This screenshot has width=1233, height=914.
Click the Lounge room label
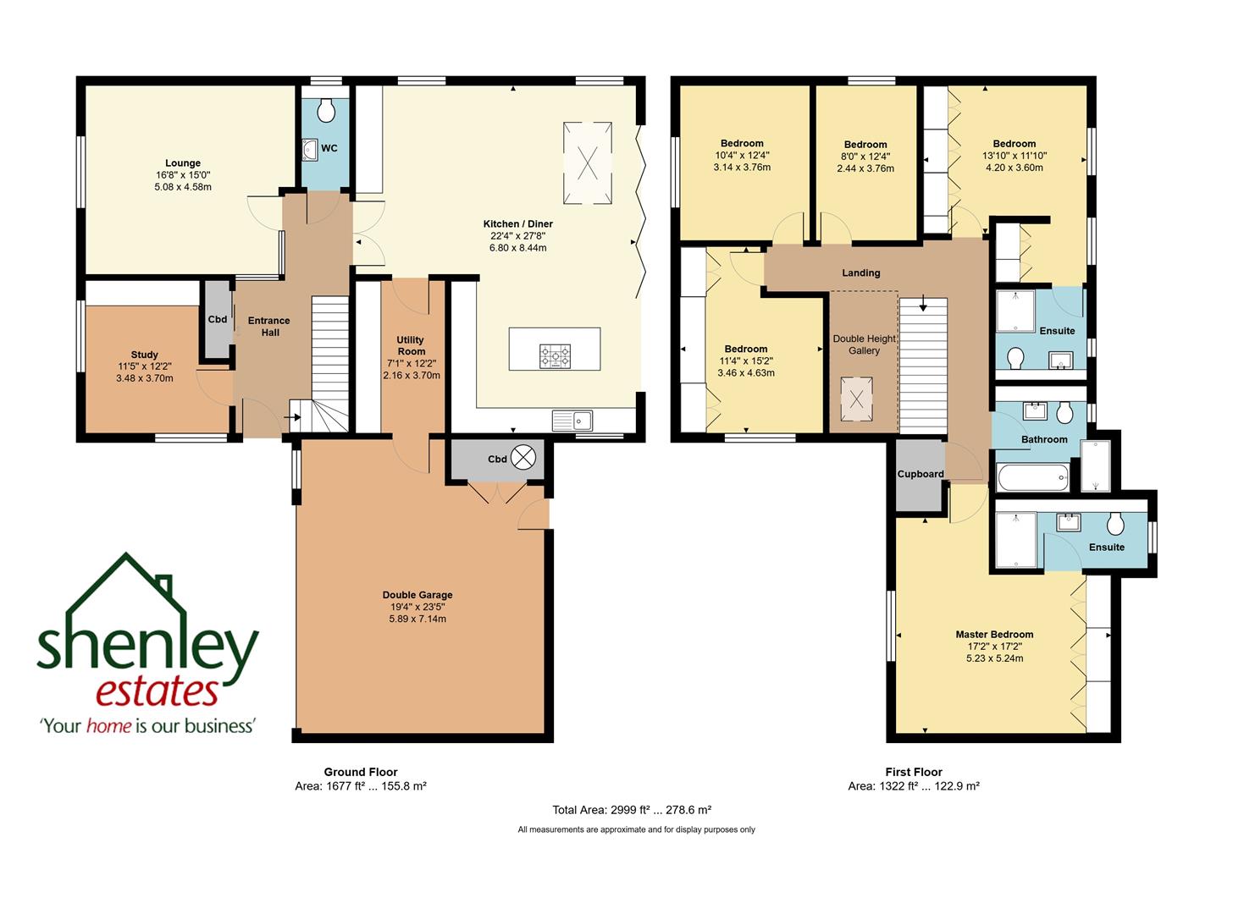pyautogui.click(x=183, y=163)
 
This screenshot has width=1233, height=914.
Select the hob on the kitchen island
pyautogui.click(x=555, y=356)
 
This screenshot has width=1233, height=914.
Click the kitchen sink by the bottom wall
pyautogui.click(x=573, y=420)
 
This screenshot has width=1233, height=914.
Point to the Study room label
pyautogui.click(x=145, y=355)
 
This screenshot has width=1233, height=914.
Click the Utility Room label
pyautogui.click(x=411, y=345)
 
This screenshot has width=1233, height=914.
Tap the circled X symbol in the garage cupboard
pyautogui.click(x=524, y=458)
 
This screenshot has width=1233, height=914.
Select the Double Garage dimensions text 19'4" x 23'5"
pyautogui.click(x=417, y=607)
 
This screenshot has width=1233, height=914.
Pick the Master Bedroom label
pyautogui.click(x=994, y=634)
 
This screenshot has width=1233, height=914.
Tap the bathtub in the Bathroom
pyautogui.click(x=1032, y=478)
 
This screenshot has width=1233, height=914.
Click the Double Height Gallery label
pyautogui.click(x=864, y=344)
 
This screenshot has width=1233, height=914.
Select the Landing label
pyautogui.click(x=860, y=273)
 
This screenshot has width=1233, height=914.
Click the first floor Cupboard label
pyautogui.click(x=920, y=474)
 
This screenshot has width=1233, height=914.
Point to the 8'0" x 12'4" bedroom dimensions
pyautogui.click(x=865, y=157)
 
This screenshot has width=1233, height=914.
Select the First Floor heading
pyautogui.click(x=914, y=772)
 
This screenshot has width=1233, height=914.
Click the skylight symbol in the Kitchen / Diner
pyautogui.click(x=587, y=163)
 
